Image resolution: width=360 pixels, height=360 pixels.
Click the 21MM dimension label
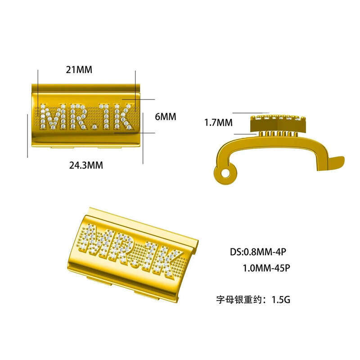pyautogui.click(x=79, y=70)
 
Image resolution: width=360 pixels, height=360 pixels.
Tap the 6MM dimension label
pyautogui.click(x=166, y=117)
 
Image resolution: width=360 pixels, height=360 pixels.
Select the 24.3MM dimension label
pyautogui.click(x=86, y=165)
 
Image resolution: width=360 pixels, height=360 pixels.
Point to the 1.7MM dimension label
pyautogui.click(x=218, y=122)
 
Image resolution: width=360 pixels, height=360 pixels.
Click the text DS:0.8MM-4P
pyautogui.click(x=258, y=252)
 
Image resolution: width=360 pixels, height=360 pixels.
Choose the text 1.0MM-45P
pyautogui.click(x=266, y=268)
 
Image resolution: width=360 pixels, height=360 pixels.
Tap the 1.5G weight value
pyautogui.click(x=281, y=300)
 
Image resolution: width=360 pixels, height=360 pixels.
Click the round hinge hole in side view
pyautogui.click(x=225, y=173)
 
